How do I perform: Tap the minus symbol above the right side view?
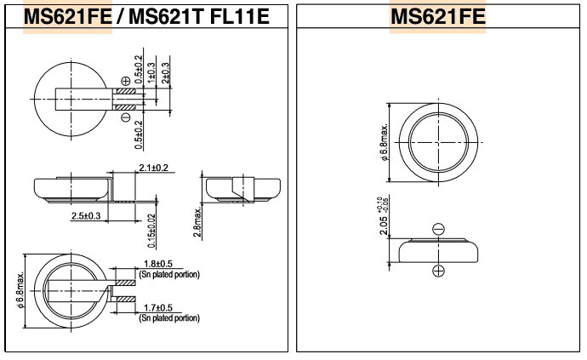click(438, 229)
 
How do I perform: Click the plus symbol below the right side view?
click(438, 271)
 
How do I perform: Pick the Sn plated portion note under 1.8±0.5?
click(169, 275)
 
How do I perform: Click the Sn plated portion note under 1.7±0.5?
click(169, 318)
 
